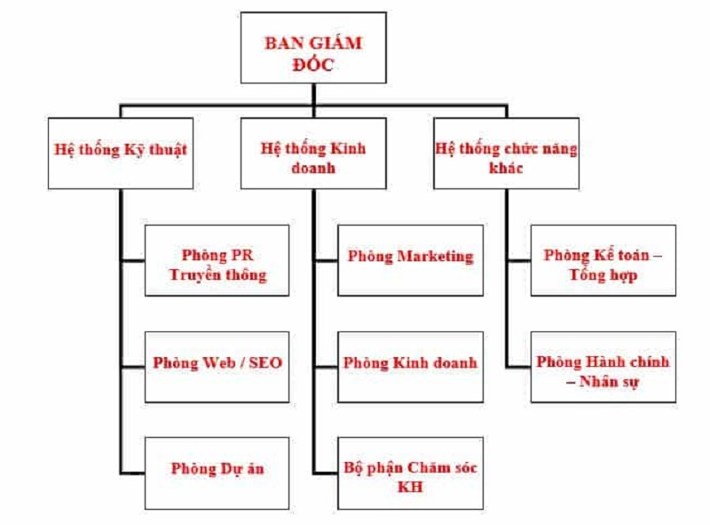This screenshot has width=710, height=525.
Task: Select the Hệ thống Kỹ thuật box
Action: [120, 153]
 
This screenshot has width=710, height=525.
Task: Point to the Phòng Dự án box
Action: [217, 472]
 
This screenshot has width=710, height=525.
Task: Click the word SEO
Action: [265, 363]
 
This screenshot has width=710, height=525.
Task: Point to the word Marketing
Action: [435, 257]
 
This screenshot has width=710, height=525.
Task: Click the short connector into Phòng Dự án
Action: [132, 472]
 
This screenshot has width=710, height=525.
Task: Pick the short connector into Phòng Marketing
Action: [326, 260]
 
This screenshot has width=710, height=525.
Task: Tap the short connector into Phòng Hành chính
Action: [518, 366]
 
